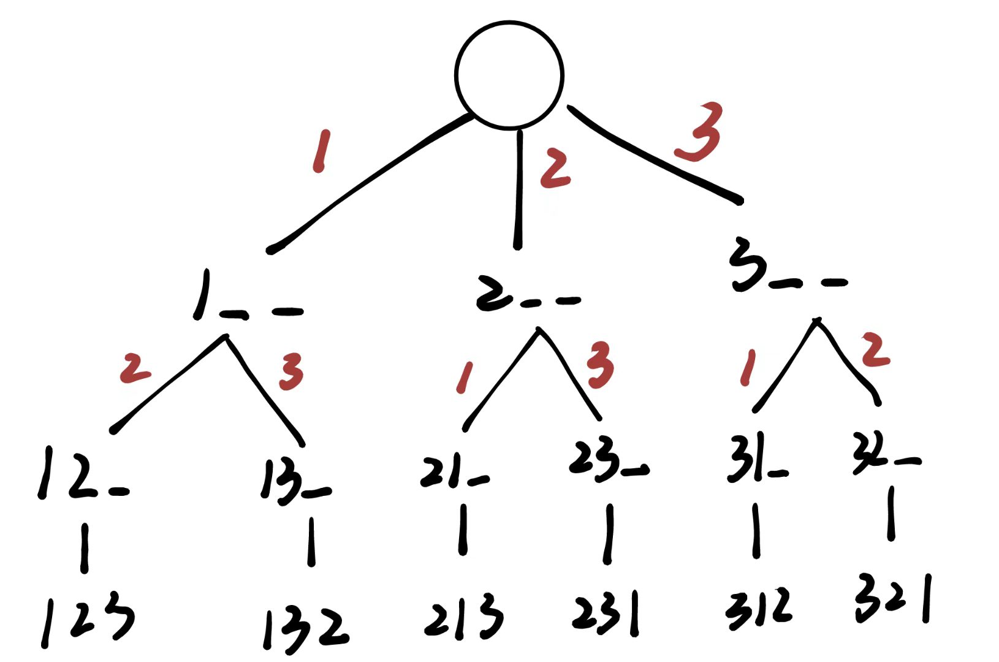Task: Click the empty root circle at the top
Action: (x=509, y=75)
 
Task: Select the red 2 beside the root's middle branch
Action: (x=555, y=169)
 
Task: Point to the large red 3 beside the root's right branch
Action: (x=700, y=132)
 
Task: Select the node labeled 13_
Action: (x=294, y=482)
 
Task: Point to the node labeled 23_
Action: (x=607, y=460)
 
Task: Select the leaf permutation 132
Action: (x=305, y=628)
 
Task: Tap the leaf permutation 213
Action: (x=463, y=616)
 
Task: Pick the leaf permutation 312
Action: (x=759, y=608)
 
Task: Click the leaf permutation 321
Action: (x=892, y=598)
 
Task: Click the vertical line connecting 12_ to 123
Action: (x=85, y=547)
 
